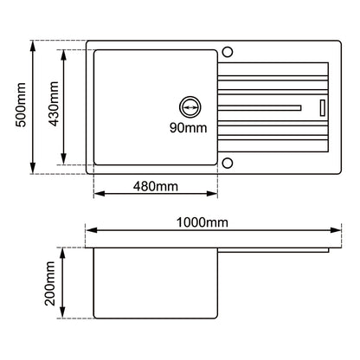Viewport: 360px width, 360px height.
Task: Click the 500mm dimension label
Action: (21, 105)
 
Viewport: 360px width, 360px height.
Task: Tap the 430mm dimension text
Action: (54, 104)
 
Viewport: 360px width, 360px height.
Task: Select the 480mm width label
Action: (156, 186)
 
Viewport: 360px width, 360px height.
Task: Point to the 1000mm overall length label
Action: (202, 222)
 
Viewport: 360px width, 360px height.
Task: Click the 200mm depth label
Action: (50, 283)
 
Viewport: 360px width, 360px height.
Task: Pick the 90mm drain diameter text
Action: (189, 127)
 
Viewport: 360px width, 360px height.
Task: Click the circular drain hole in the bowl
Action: (190, 107)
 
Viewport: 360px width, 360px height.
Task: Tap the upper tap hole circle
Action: (228, 52)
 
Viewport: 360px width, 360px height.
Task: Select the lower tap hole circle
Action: (228, 163)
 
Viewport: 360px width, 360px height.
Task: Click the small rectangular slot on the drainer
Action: (323, 108)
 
